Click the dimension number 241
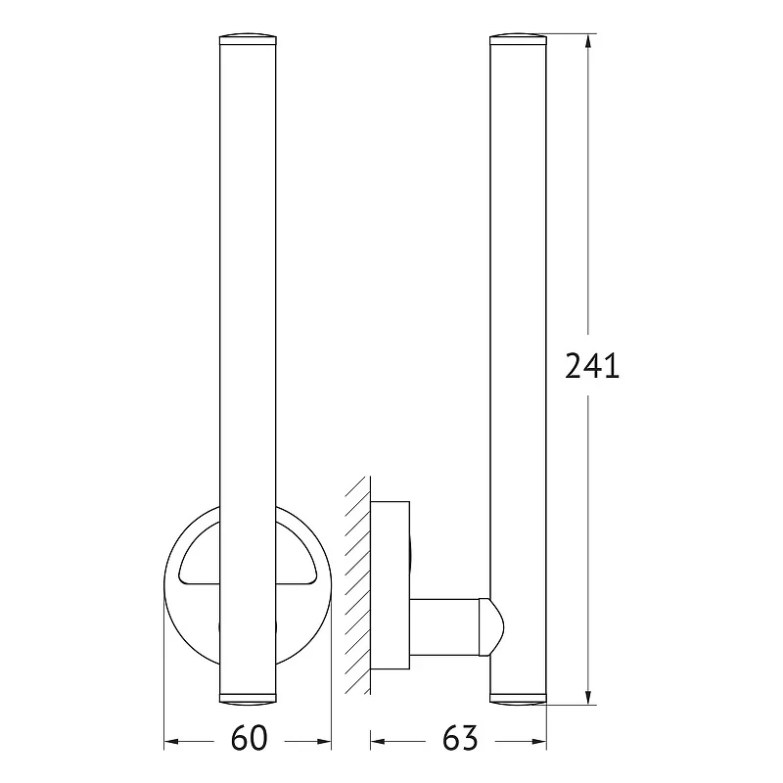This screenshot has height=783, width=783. pyautogui.click(x=592, y=365)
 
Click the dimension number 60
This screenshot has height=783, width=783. pyautogui.click(x=250, y=738)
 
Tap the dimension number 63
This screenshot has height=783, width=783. pyautogui.click(x=460, y=738)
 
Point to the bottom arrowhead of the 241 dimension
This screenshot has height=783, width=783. pyautogui.click(x=588, y=698)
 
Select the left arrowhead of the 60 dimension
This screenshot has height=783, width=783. pyautogui.click(x=171, y=742)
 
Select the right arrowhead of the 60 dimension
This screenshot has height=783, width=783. pyautogui.click(x=324, y=742)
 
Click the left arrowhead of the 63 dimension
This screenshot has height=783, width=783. pyautogui.click(x=378, y=742)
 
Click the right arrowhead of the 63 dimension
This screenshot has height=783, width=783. pyautogui.click(x=539, y=742)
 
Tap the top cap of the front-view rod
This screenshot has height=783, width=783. pyautogui.click(x=248, y=39)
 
